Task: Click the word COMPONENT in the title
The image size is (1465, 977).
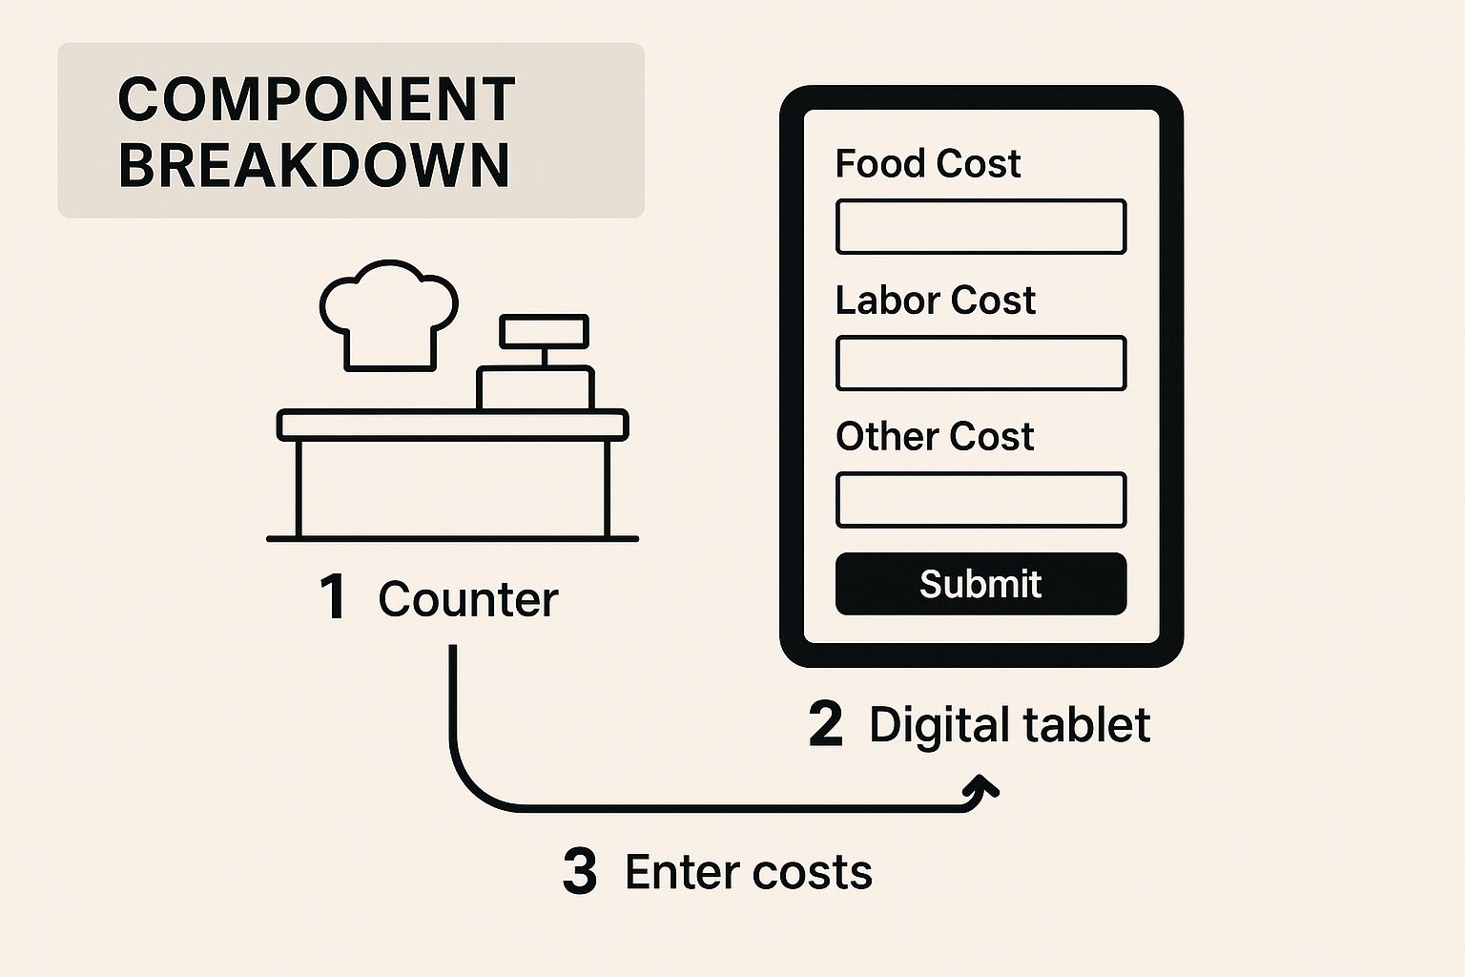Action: click(x=316, y=99)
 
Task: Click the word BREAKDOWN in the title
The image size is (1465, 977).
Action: click(x=314, y=164)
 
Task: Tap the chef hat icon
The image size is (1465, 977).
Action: click(x=387, y=315)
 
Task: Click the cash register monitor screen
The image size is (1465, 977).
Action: click(x=544, y=331)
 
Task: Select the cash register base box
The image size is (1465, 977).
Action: click(x=535, y=389)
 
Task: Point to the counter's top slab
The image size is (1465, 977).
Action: click(x=452, y=425)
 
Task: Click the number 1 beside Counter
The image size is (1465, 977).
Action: click(x=332, y=598)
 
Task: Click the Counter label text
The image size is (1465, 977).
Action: click(x=467, y=599)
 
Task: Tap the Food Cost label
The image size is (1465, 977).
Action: click(x=927, y=163)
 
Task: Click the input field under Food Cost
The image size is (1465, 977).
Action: click(x=980, y=227)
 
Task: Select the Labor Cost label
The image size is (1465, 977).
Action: click(x=935, y=301)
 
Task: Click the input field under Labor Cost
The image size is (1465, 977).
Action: click(x=980, y=364)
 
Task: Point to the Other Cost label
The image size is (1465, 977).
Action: click(x=935, y=437)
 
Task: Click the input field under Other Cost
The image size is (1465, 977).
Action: click(x=980, y=500)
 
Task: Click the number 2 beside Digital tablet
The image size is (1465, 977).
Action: click(x=826, y=725)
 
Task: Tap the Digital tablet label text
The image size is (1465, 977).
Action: click(x=1009, y=725)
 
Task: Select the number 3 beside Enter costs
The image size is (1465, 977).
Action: click(x=580, y=872)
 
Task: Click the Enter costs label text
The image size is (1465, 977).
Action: click(x=749, y=872)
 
